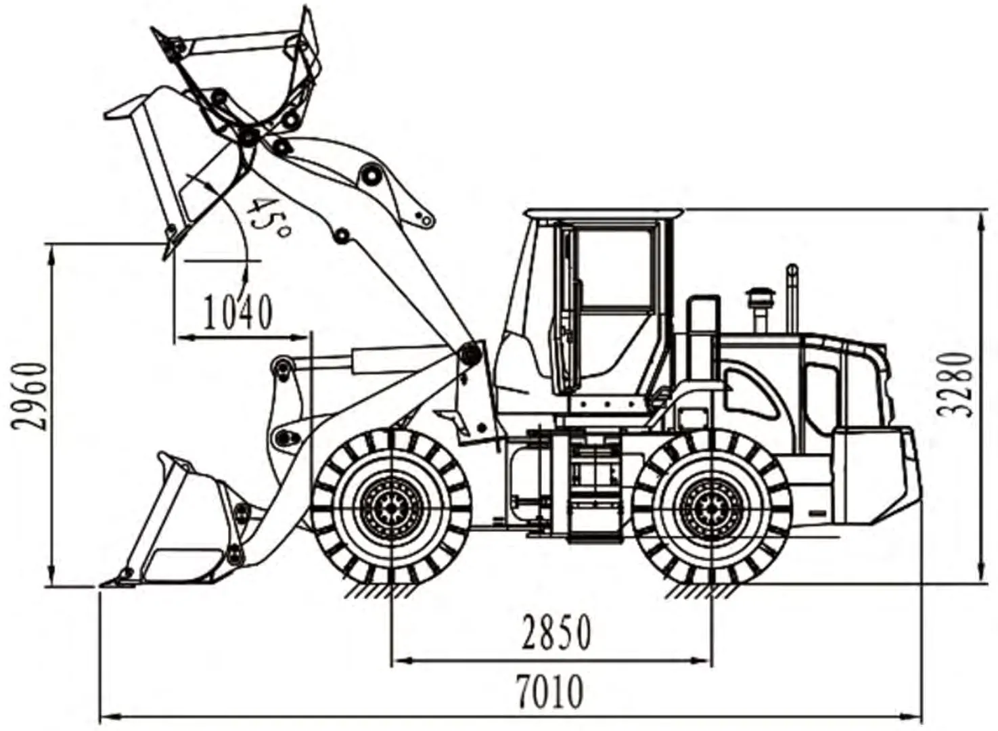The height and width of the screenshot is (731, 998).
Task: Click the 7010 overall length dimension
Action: (x=549, y=692)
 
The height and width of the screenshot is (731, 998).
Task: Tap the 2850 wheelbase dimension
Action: (x=556, y=632)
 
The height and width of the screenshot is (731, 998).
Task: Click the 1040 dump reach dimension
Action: (x=238, y=312)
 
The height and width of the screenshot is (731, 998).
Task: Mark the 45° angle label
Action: (x=266, y=217)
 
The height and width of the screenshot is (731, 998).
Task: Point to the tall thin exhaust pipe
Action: (x=791, y=298)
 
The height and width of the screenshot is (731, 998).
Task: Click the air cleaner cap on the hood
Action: (x=760, y=296)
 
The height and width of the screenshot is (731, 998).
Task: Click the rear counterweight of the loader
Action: (x=876, y=474)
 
